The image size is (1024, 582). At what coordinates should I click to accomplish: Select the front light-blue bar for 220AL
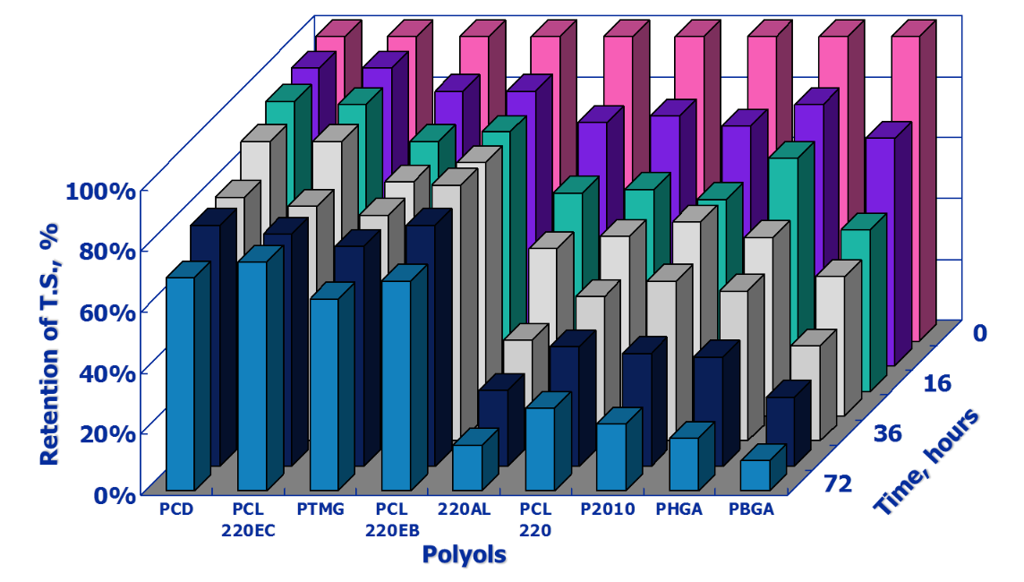pos(466,466)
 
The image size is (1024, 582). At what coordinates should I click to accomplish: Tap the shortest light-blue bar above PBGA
pos(755,475)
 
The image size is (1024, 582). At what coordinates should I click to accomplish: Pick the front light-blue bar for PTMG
pos(324,394)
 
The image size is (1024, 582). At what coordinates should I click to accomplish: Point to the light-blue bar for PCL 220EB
pos(396,385)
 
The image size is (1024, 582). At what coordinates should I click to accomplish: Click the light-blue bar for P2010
pos(610,456)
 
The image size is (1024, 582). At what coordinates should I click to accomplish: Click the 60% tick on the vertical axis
pos(108,312)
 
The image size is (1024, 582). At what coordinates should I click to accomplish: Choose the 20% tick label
pos(108,433)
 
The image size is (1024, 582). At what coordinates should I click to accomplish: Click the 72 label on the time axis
pos(839,484)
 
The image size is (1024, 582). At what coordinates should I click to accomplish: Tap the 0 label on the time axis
pos(979,333)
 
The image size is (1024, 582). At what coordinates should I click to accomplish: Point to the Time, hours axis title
pos(926,461)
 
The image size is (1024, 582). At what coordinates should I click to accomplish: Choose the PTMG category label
pos(320,510)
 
